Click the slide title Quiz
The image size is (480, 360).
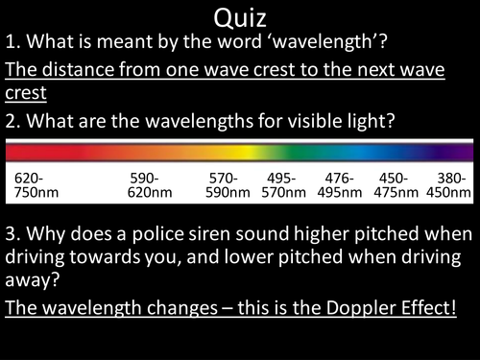(x=240, y=17)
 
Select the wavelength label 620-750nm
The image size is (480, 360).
(x=36, y=185)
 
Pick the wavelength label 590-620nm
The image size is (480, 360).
(x=151, y=185)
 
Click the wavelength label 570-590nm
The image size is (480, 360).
(x=228, y=185)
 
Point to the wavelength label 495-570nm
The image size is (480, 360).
(x=283, y=185)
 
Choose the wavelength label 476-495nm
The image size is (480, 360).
(x=340, y=185)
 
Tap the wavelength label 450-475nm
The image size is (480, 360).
(x=396, y=185)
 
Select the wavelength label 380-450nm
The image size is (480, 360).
(x=448, y=185)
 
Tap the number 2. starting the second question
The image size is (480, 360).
(x=13, y=123)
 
